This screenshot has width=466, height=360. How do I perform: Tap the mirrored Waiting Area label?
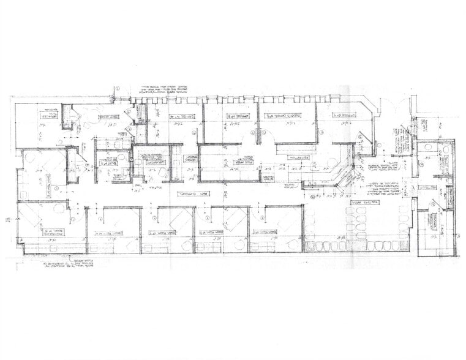pyautogui.click(x=363, y=202)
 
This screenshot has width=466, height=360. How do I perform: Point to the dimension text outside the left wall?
pyautogui.click(x=7, y=219)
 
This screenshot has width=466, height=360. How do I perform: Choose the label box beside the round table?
pyautogui.click(x=110, y=116)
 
